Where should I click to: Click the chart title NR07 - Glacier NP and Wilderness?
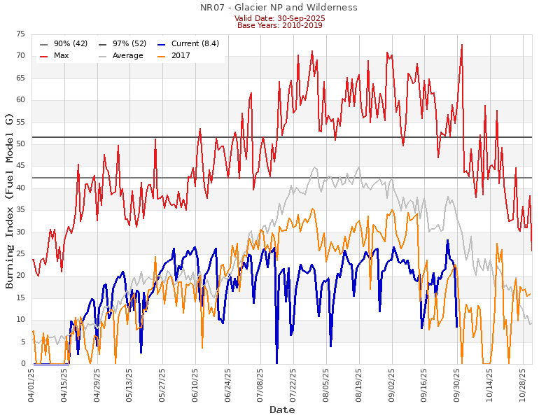coord(279,7)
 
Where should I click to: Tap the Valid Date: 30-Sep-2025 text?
coord(279,18)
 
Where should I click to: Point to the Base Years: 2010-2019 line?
coord(279,25)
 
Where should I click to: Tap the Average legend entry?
coord(126,55)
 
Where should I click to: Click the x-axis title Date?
coord(282,409)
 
